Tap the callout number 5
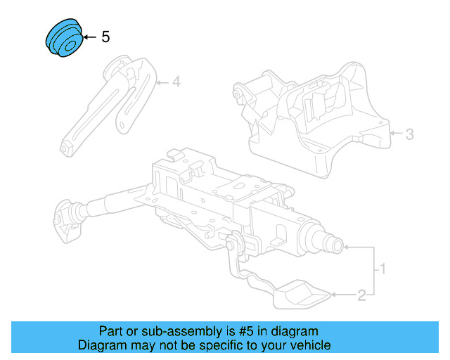point(105,37)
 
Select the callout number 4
point(176,83)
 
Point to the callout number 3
point(410,134)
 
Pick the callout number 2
point(361,295)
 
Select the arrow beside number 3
point(395,132)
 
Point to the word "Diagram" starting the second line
point(100,345)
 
